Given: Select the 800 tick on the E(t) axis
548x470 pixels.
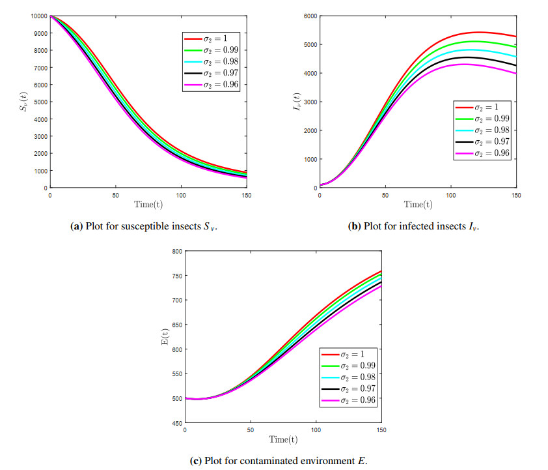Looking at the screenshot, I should (176, 251).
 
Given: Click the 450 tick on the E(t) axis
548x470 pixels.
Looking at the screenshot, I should (176, 422).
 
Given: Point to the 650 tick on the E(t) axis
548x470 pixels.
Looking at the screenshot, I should (176, 325).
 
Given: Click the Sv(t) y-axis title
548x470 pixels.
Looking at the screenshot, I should (23, 102).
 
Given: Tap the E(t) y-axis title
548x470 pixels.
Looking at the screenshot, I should (163, 337).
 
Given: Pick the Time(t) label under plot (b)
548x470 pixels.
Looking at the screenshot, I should (417, 204).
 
